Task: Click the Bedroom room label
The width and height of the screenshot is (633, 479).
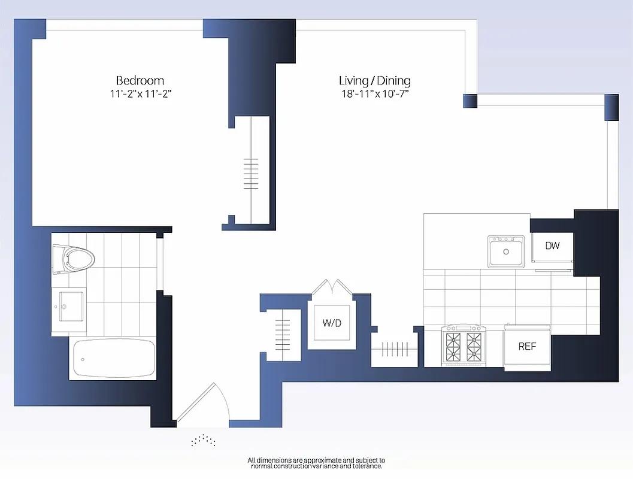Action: pos(140,80)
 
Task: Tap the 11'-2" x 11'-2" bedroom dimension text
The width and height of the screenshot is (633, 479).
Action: pos(140,93)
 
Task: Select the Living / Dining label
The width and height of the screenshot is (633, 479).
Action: pos(374,80)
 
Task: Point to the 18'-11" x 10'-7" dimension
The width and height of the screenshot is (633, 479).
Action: pos(374,93)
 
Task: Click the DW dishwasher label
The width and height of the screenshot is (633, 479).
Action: pos(552,245)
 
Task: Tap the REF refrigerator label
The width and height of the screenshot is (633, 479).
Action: pos(527,346)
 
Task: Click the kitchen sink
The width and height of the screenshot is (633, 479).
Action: pos(506,251)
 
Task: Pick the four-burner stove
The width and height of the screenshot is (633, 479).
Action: pos(463,345)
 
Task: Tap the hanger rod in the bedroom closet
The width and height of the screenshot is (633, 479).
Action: pos(251,174)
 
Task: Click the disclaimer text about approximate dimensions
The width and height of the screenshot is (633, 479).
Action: pos(316,462)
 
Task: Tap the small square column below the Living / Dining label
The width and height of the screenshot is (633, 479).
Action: pos(470,101)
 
